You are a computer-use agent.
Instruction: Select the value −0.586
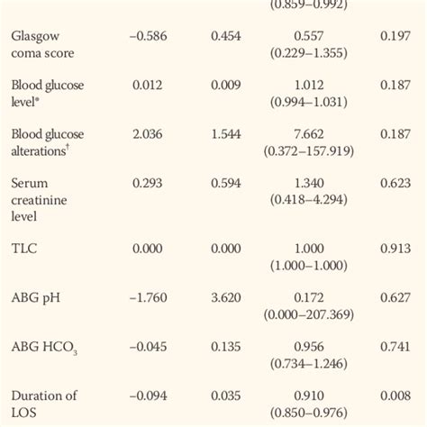[149, 37]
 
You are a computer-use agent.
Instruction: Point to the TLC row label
[23, 248]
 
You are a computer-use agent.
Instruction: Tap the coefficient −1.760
[149, 296]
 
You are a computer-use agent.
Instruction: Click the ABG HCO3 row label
[46, 346]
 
